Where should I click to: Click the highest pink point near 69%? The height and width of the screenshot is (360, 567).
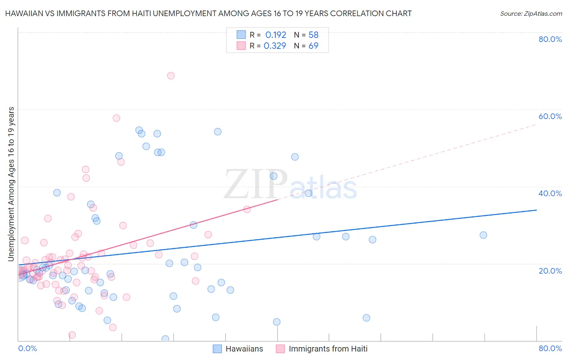coord(171,75)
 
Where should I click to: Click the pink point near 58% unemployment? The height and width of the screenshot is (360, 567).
coord(116,118)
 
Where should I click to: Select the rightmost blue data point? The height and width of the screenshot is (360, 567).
coord(483,235)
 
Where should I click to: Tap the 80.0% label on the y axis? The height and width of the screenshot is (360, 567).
coord(550,39)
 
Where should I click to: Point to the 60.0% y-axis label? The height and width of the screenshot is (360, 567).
coord(550,116)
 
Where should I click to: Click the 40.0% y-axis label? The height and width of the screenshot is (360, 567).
coord(550,193)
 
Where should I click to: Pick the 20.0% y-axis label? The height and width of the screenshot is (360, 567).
coord(550,270)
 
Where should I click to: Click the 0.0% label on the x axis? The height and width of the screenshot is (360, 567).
coord(27,348)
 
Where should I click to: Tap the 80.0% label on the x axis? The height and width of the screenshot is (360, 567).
coord(550,348)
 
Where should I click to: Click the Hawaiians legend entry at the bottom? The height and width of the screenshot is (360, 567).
coord(244,349)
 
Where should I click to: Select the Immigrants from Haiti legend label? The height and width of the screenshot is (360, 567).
coord(328,349)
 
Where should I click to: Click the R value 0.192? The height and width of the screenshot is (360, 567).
coord(275,35)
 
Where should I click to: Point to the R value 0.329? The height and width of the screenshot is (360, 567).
coord(275,46)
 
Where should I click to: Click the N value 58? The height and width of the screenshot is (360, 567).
coord(313,35)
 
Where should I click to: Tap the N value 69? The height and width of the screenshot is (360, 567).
coord(313,46)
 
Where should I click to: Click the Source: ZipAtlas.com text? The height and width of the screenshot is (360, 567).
coord(531,14)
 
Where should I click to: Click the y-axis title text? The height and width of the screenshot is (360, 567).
coord(11,184)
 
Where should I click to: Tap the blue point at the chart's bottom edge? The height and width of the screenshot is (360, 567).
coord(165,339)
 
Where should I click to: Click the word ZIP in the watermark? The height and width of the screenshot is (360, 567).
coord(256,185)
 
